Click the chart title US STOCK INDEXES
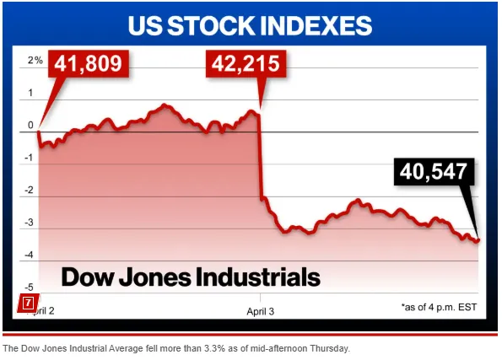click(250, 24)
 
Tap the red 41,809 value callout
click(90, 63)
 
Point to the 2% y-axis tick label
click(33, 60)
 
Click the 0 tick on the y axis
click(33, 126)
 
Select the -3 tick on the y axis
click(31, 223)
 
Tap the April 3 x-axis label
click(261, 309)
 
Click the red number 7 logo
click(28, 302)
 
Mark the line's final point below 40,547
click(478, 241)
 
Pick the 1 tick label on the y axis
click(33, 93)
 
